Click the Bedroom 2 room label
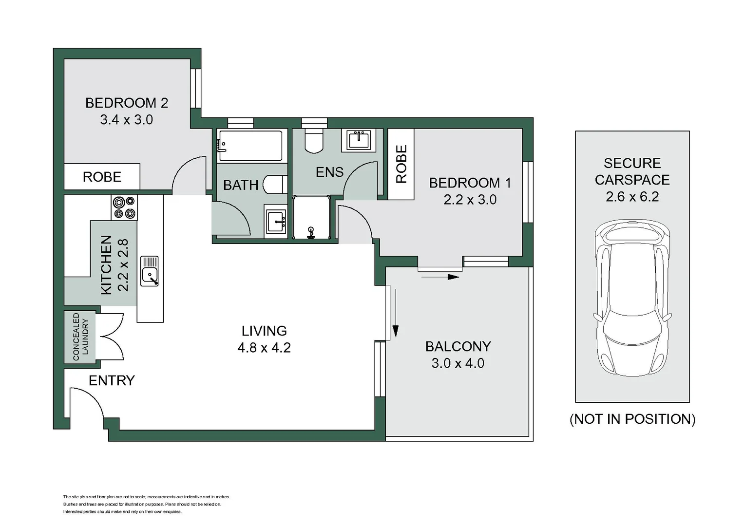pos(126,103)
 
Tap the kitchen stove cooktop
pos(124,207)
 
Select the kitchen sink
pos(150,271)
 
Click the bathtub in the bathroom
pos(250,145)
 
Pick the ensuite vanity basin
pos(359,140)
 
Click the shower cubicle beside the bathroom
pos(311,217)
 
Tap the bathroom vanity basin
pos(275,222)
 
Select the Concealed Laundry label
pos(80,337)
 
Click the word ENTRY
pos(112,380)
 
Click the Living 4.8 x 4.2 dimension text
pos(264,348)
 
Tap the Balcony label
pos(458,346)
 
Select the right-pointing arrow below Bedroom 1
pos(440,277)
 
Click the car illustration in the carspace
pos(632,297)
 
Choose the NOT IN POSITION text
pos(632,419)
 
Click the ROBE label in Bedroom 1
pos(401,164)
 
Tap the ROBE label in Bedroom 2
pos(102,177)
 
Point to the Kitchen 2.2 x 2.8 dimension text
pos(123,265)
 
